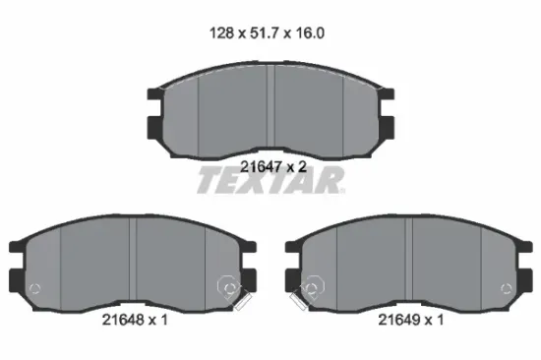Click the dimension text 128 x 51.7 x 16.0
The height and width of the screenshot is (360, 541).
pos(267,33)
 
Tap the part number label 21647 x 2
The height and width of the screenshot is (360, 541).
pos(273,167)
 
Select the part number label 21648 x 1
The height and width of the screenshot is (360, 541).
pos(135,320)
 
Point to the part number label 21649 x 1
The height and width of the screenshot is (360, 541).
pos(411,320)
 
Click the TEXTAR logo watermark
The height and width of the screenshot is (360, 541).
pos(270,180)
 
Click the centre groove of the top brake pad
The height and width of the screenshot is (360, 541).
pos(270,110)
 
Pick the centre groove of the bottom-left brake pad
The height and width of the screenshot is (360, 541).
pos(133,264)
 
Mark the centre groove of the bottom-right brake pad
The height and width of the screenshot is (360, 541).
pos(409,264)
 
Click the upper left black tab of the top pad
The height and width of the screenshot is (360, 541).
pos(156,95)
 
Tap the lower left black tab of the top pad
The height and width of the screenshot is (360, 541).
pos(155,128)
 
